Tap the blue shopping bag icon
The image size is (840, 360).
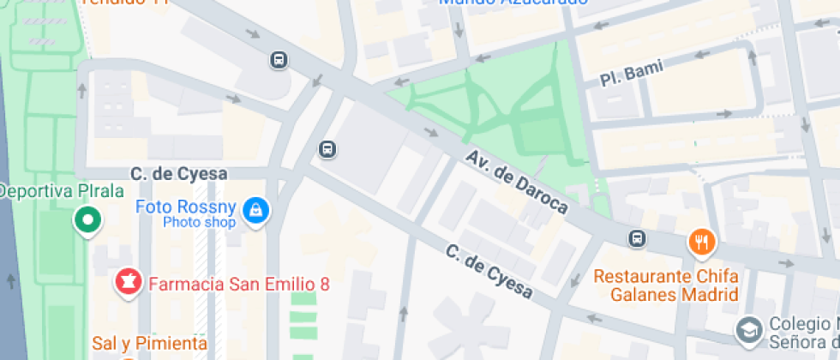pyautogui.click(x=255, y=210)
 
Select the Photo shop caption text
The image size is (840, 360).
pyautogui.click(x=199, y=223)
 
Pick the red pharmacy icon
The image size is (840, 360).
pyautogui.click(x=129, y=281)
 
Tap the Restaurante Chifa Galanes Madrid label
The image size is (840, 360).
pyautogui.click(x=666, y=285)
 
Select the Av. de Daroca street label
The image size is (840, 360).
pyautogui.click(x=517, y=182)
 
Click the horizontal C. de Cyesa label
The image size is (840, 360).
pyautogui.click(x=179, y=174)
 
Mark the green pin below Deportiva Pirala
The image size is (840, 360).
pyautogui.click(x=87, y=220)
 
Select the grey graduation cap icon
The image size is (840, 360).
pyautogui.click(x=748, y=329)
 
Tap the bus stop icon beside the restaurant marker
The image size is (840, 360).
pyautogui.click(x=637, y=239)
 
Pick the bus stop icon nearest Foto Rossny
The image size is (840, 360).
pyautogui.click(x=327, y=149)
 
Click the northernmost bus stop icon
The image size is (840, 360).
pyautogui.click(x=279, y=60)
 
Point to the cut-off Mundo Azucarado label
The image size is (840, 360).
pyautogui.click(x=513, y=3)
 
